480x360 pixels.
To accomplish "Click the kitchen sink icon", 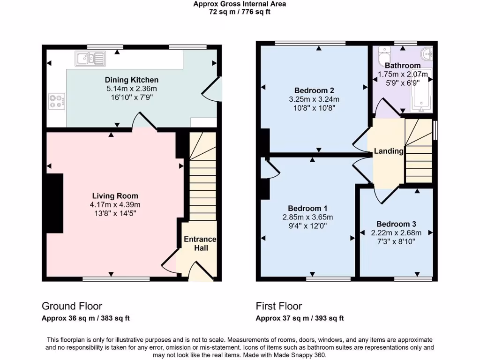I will (x=90, y=59).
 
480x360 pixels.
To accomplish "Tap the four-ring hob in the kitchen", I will (x=56, y=101).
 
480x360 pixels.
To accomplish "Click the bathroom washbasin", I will (x=427, y=53).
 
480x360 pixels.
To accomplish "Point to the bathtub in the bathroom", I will (x=421, y=96).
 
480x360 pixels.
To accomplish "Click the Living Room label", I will (x=115, y=196).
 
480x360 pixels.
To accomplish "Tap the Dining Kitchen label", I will (x=131, y=80).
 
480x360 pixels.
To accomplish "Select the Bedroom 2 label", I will (x=314, y=90).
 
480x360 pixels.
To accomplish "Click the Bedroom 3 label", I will (x=396, y=224).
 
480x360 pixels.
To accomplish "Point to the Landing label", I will (x=389, y=151).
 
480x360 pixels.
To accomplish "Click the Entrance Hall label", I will (x=200, y=243).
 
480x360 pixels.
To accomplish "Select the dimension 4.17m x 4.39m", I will (x=115, y=205).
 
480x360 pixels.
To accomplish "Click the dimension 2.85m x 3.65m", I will (x=307, y=217).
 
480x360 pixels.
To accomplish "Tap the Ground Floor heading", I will (x=72, y=306).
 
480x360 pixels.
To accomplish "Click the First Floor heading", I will (x=278, y=306).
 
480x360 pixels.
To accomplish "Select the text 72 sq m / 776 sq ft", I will (x=240, y=12).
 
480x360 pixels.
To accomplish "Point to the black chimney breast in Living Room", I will (x=55, y=203).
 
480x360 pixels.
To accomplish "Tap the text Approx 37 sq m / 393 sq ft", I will (x=300, y=318).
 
